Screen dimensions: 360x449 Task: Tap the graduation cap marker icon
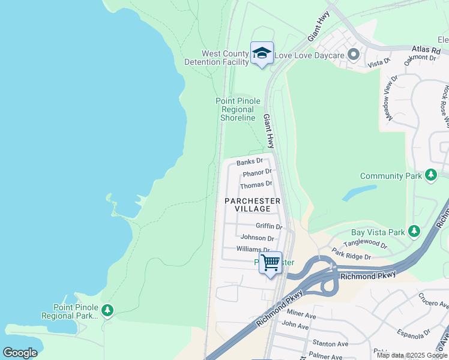point(262,53)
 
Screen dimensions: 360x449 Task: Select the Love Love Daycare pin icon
point(353,55)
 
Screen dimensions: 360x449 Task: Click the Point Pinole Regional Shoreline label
point(238,109)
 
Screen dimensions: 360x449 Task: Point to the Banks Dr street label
point(250,161)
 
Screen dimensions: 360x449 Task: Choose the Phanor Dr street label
point(257,173)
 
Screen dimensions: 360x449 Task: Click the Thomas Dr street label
point(257,184)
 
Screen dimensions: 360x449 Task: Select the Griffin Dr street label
point(268,226)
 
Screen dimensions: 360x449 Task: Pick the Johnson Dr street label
point(257,238)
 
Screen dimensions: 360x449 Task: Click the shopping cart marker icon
point(270,263)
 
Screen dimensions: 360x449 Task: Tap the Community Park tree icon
point(430,175)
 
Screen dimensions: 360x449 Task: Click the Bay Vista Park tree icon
point(414,231)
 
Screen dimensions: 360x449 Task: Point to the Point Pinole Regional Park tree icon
point(107,310)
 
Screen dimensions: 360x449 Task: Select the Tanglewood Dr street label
point(365,243)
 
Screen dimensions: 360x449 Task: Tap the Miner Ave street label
point(301,315)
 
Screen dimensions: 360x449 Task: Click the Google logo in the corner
point(20,353)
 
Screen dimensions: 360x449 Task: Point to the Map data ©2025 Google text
point(411,355)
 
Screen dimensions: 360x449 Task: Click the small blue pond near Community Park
point(355,193)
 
